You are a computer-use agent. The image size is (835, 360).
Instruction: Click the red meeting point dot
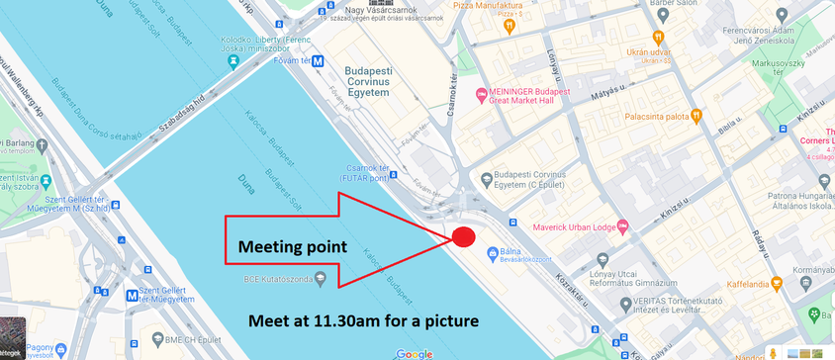(x=464, y=236)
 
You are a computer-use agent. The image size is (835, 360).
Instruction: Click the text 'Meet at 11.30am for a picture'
(x=362, y=320)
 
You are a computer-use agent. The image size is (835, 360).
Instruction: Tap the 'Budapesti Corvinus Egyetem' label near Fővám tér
(x=367, y=81)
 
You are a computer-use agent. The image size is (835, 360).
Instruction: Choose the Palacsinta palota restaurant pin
(x=696, y=116)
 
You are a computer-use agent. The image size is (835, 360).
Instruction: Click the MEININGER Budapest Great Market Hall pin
(x=483, y=95)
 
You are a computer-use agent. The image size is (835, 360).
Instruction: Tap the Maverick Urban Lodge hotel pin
(x=621, y=224)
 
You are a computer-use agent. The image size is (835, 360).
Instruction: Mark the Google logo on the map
(x=415, y=354)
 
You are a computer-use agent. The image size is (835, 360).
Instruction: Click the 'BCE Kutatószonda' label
(x=285, y=279)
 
